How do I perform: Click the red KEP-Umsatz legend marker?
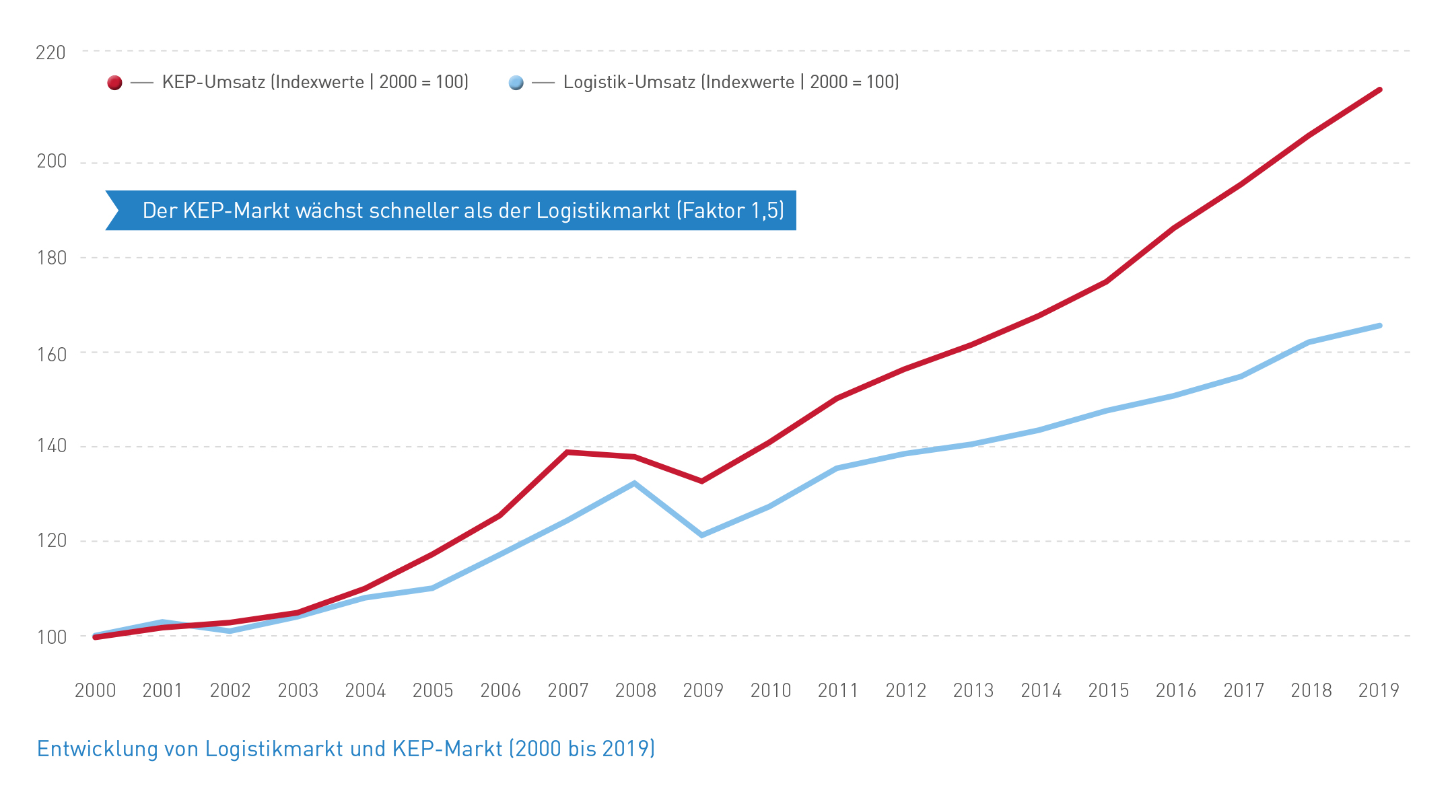[114, 83]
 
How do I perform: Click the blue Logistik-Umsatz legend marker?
[516, 83]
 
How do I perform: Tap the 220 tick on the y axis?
[50, 52]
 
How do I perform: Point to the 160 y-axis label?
[51, 355]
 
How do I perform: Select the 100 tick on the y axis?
[51, 636]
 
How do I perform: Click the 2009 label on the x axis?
[703, 690]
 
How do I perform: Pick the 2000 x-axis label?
[95, 690]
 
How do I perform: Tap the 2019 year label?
[1378, 690]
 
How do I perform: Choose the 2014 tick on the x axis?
[1041, 690]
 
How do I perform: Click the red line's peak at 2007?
[567, 452]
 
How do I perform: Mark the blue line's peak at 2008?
[634, 483]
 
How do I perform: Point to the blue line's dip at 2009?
[702, 536]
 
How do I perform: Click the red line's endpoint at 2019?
[1379, 90]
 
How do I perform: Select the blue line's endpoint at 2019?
[1379, 326]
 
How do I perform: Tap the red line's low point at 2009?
[702, 481]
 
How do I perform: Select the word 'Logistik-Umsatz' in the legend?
[629, 82]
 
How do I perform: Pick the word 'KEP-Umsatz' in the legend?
[213, 82]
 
